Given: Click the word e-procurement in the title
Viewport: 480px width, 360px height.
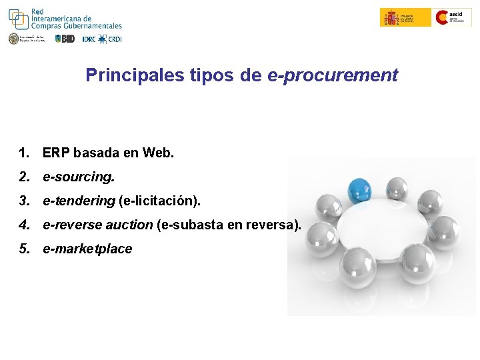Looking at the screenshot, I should pyautogui.click(x=332, y=75).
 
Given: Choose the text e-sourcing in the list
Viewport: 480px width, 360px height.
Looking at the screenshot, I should pyautogui.click(x=79, y=177).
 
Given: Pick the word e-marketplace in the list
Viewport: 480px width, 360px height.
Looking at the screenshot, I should pyautogui.click(x=87, y=249).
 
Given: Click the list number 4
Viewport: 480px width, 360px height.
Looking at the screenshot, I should pyautogui.click(x=24, y=225).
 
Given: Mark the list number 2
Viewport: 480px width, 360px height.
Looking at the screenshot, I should pyautogui.click(x=24, y=177).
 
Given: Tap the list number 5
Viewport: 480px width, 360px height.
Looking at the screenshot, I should pyautogui.click(x=24, y=249).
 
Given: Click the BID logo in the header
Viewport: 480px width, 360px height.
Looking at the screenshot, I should pyautogui.click(x=65, y=39).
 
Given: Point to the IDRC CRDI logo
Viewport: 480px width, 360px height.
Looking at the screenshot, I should pyautogui.click(x=102, y=39).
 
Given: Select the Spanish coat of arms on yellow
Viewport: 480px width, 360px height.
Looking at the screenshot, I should pyautogui.click(x=391, y=17).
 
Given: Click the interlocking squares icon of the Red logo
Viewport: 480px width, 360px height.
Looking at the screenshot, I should pyautogui.click(x=18, y=18).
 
